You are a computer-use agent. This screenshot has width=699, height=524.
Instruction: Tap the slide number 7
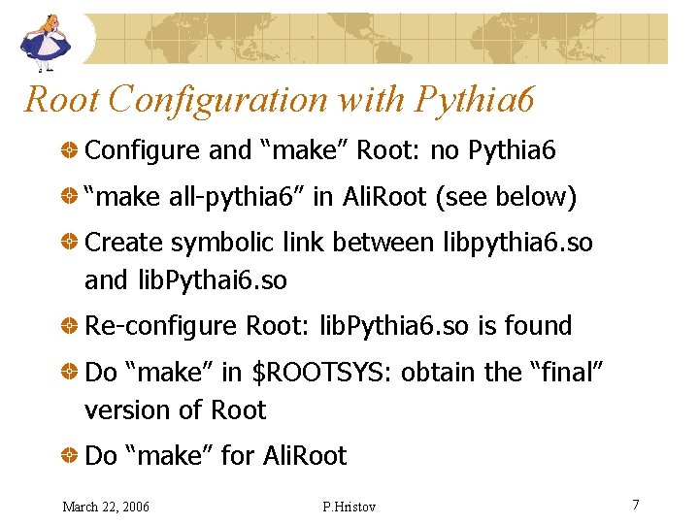click(x=635, y=505)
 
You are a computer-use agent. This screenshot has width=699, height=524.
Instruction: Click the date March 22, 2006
click(x=106, y=507)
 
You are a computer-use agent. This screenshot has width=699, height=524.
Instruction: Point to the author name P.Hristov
click(x=349, y=507)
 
